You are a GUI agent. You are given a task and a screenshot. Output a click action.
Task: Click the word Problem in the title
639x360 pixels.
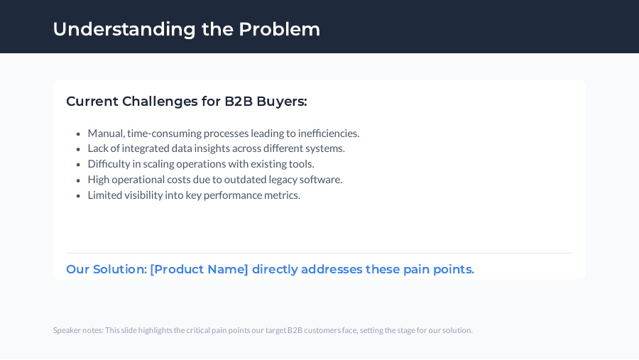click(x=279, y=29)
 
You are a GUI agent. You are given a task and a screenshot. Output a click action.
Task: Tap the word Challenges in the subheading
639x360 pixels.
click(x=160, y=102)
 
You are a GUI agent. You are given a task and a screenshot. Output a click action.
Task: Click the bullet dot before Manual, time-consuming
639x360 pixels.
click(x=78, y=133)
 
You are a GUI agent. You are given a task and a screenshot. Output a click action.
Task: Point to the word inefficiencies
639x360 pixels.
click(x=329, y=133)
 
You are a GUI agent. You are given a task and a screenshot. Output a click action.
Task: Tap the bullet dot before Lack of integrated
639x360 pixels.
click(x=78, y=149)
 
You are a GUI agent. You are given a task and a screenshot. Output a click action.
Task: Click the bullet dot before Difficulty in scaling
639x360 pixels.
click(x=78, y=165)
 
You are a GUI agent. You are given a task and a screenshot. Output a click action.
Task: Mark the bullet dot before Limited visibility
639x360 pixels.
click(x=78, y=195)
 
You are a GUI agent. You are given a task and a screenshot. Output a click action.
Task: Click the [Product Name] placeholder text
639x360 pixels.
click(x=199, y=270)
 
